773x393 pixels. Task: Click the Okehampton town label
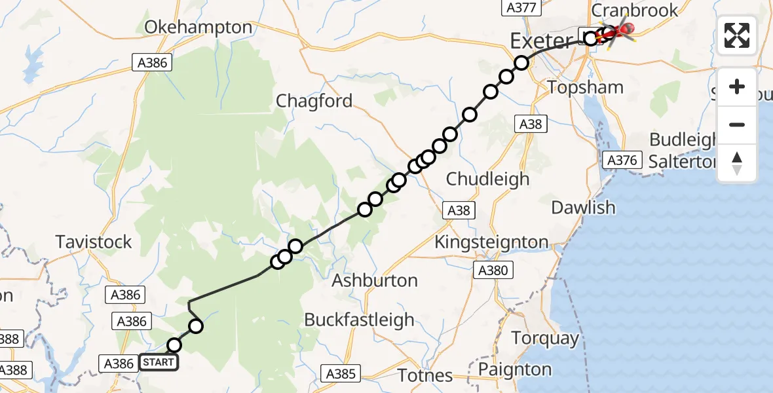pos(198,28)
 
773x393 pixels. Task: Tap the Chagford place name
pos(314,101)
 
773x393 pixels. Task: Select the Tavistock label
pos(94,242)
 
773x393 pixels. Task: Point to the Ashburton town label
pos(375,280)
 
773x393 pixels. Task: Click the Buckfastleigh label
pos(359,320)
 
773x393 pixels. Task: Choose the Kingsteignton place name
pos(492,242)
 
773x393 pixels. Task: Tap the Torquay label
pos(545,339)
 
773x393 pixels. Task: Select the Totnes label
pos(425,375)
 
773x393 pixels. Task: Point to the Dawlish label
pos(583,208)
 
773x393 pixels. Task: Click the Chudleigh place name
pos(487,178)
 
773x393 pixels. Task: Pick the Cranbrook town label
pos(635,10)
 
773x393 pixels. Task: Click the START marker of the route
pos(158,362)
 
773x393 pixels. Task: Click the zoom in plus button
pos(737,86)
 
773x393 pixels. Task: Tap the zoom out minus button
pos(737,124)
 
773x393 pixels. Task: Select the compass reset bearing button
pos(737,162)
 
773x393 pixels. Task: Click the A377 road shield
pos(522,8)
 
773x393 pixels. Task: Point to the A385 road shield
pos(341,374)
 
